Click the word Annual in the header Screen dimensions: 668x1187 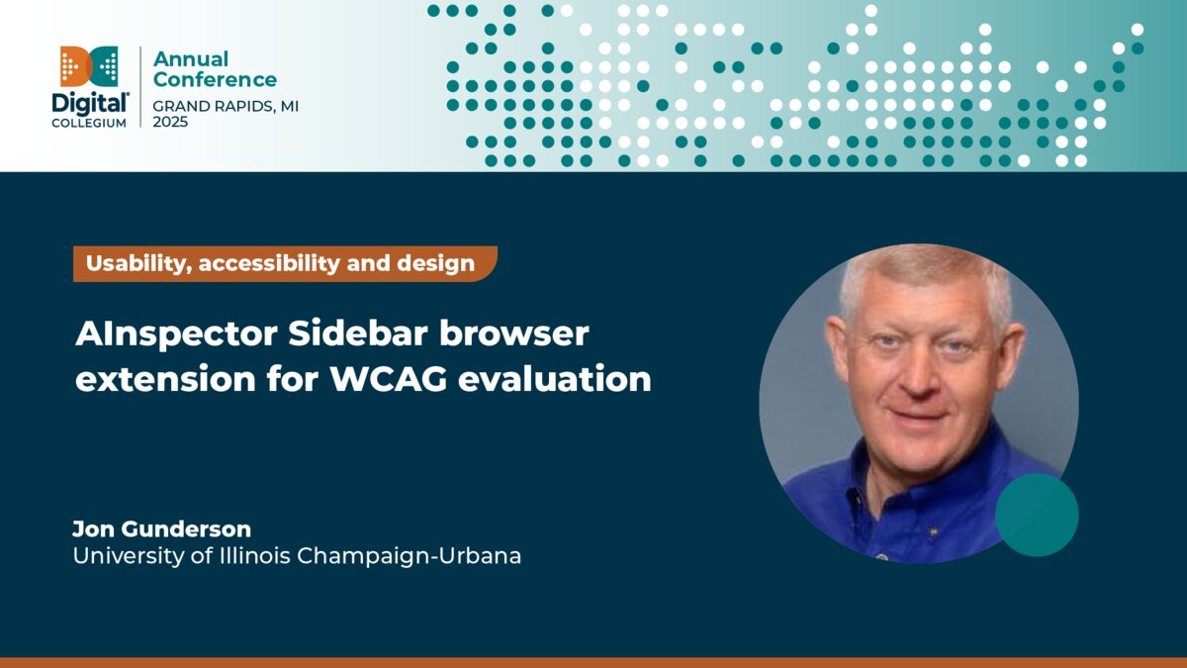(x=190, y=59)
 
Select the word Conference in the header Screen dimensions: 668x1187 (x=215, y=80)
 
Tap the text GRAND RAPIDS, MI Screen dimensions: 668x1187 (x=226, y=105)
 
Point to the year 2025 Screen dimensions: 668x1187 (x=170, y=122)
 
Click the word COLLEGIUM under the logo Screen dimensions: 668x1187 (x=89, y=123)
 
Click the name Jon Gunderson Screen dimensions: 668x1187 (x=161, y=528)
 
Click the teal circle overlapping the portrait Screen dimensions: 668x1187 (x=1036, y=515)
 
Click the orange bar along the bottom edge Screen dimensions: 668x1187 (x=593, y=662)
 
